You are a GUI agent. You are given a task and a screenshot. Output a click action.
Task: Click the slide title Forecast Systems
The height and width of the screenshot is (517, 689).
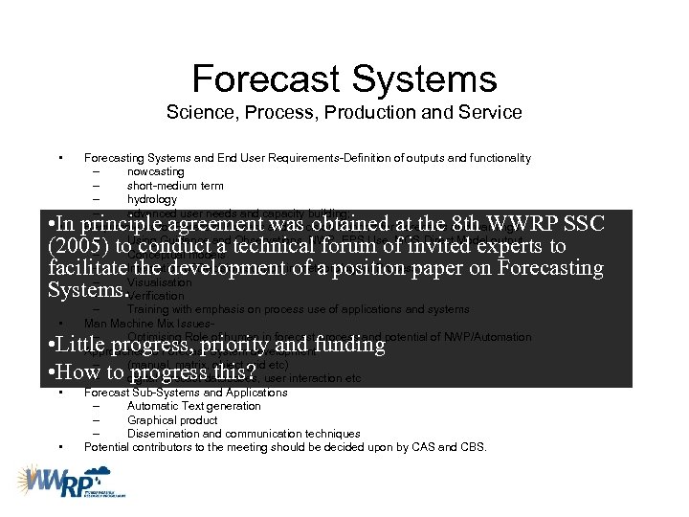pos(344,79)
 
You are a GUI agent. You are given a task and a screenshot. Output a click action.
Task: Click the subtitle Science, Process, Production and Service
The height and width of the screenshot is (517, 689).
pos(344,112)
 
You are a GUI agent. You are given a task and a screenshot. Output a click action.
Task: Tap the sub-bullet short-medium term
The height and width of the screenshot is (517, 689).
pos(175,186)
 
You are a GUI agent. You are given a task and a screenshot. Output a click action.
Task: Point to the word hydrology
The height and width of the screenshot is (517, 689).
pos(151,199)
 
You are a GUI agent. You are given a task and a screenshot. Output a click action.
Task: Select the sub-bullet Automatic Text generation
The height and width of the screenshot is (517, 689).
pos(193,406)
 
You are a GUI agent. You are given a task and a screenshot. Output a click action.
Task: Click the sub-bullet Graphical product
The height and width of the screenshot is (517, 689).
pos(171,419)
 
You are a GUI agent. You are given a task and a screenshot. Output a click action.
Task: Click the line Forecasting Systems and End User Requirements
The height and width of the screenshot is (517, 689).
pos(306,158)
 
